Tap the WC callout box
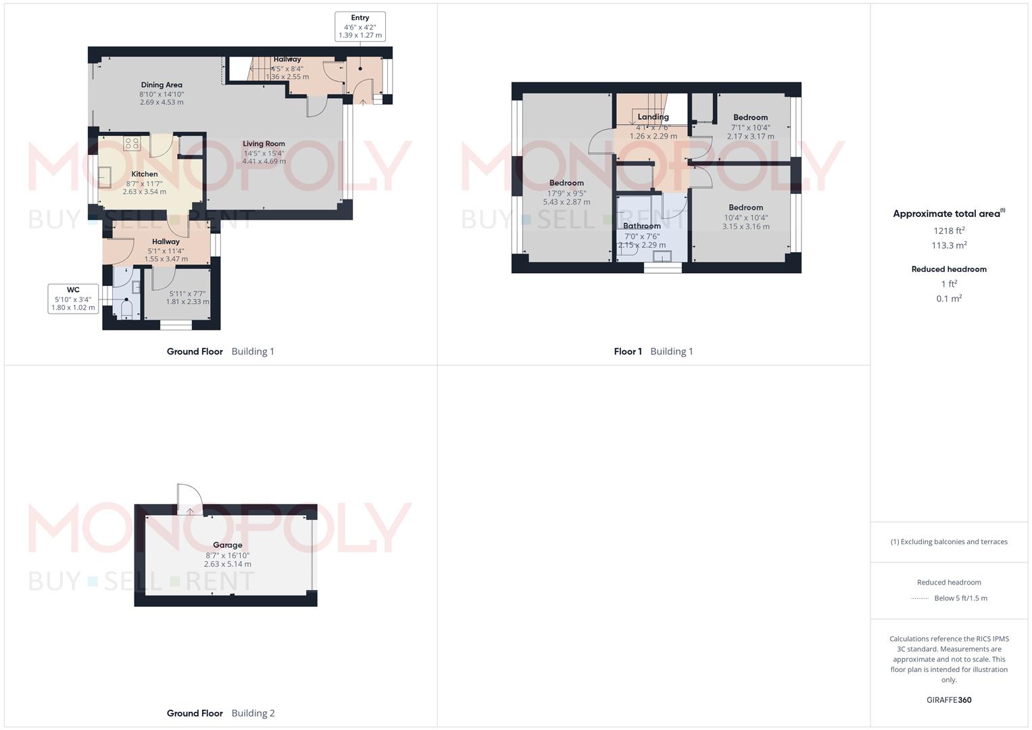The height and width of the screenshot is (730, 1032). [x=73, y=299]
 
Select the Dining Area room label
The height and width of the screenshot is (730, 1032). [x=162, y=84]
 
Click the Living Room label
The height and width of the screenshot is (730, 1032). [x=264, y=144]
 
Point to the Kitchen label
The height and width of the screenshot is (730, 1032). [x=145, y=174]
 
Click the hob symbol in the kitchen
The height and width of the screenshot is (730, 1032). [x=132, y=144]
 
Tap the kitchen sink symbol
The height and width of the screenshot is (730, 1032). [x=105, y=177]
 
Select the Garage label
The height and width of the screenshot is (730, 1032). [x=228, y=545]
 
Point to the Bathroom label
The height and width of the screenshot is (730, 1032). [x=642, y=226]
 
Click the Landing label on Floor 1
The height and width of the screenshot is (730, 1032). [x=654, y=117]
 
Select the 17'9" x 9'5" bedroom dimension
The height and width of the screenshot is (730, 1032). [x=566, y=193]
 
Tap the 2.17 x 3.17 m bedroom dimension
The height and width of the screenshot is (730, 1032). [x=750, y=137]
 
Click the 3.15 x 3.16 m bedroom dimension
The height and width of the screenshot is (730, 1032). [x=745, y=226]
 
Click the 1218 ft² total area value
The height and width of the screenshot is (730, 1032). [x=949, y=230]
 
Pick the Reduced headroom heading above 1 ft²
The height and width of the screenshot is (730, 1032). [x=949, y=269]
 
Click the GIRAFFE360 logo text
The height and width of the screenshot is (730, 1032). [x=949, y=700]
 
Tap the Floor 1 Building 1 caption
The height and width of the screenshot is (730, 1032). [x=654, y=351]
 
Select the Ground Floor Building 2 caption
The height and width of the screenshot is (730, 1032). [x=221, y=713]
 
